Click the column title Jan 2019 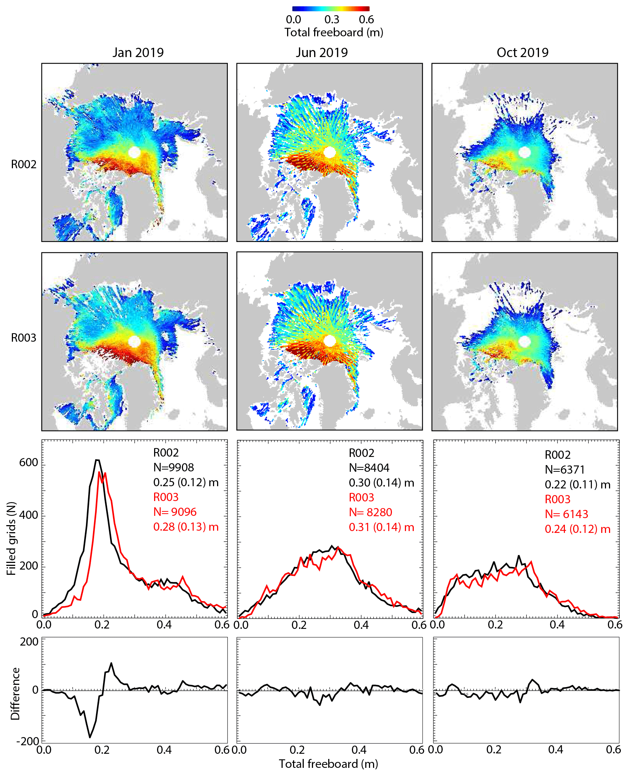point(138,53)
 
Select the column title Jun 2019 point(322,53)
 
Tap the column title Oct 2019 point(522,53)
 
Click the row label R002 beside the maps point(24,164)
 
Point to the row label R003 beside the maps point(24,338)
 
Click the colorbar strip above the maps point(330,9)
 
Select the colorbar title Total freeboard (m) point(333,33)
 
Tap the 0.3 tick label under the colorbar point(332,20)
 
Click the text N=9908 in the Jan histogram point(173,467)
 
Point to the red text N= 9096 point(175,512)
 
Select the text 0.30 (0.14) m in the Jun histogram point(381,482)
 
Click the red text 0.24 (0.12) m point(577,529)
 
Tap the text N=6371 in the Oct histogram point(565,470)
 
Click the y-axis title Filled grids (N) point(11,538)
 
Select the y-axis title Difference point(15,693)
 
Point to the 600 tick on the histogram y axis point(29,462)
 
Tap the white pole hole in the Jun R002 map point(329,152)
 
